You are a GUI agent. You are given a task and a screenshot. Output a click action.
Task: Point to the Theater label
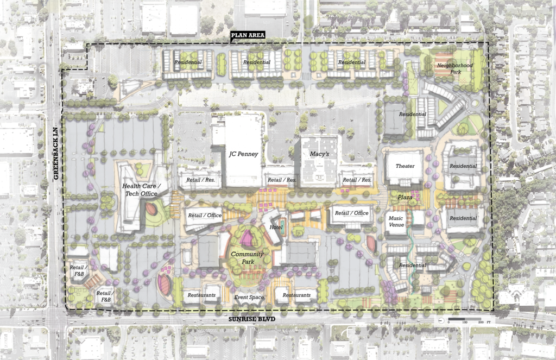pos(405,166)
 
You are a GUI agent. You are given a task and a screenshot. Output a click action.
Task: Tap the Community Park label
pos(247,258)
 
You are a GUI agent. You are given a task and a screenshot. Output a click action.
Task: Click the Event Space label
pos(249,298)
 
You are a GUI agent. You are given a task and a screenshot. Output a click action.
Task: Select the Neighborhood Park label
pos(455,69)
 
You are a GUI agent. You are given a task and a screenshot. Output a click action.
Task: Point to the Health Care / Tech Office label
pos(140,190)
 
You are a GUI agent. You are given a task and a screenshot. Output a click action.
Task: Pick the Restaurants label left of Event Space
pos(201,295)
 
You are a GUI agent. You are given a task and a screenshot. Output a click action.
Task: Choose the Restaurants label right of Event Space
pos(296,295)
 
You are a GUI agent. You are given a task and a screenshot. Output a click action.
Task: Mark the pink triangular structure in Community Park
pos(248,238)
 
